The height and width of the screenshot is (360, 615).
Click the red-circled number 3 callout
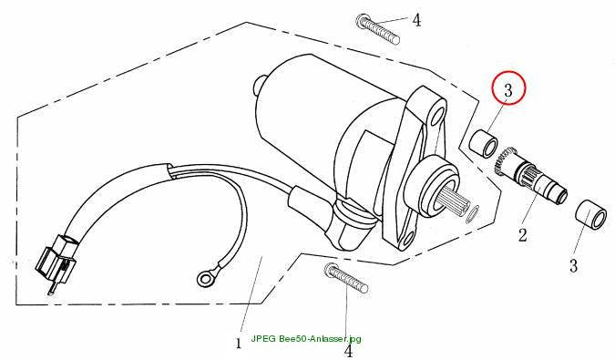508,87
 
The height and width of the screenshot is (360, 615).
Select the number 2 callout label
522,235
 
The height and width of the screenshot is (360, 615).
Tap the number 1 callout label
239,343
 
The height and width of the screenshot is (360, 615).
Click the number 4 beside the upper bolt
416,20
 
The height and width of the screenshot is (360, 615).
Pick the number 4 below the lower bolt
349,350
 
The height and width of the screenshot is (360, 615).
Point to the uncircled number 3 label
573,265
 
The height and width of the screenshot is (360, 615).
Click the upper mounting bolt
378,28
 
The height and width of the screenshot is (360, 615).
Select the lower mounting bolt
346,278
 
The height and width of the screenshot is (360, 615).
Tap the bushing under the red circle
484,143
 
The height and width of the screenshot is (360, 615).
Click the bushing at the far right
591,214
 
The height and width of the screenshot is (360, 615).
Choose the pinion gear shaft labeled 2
530,175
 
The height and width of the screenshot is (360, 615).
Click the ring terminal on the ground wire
204,279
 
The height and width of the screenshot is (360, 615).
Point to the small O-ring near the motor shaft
473,214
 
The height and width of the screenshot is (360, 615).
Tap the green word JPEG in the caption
264,338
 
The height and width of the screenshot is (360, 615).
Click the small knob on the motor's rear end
258,86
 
